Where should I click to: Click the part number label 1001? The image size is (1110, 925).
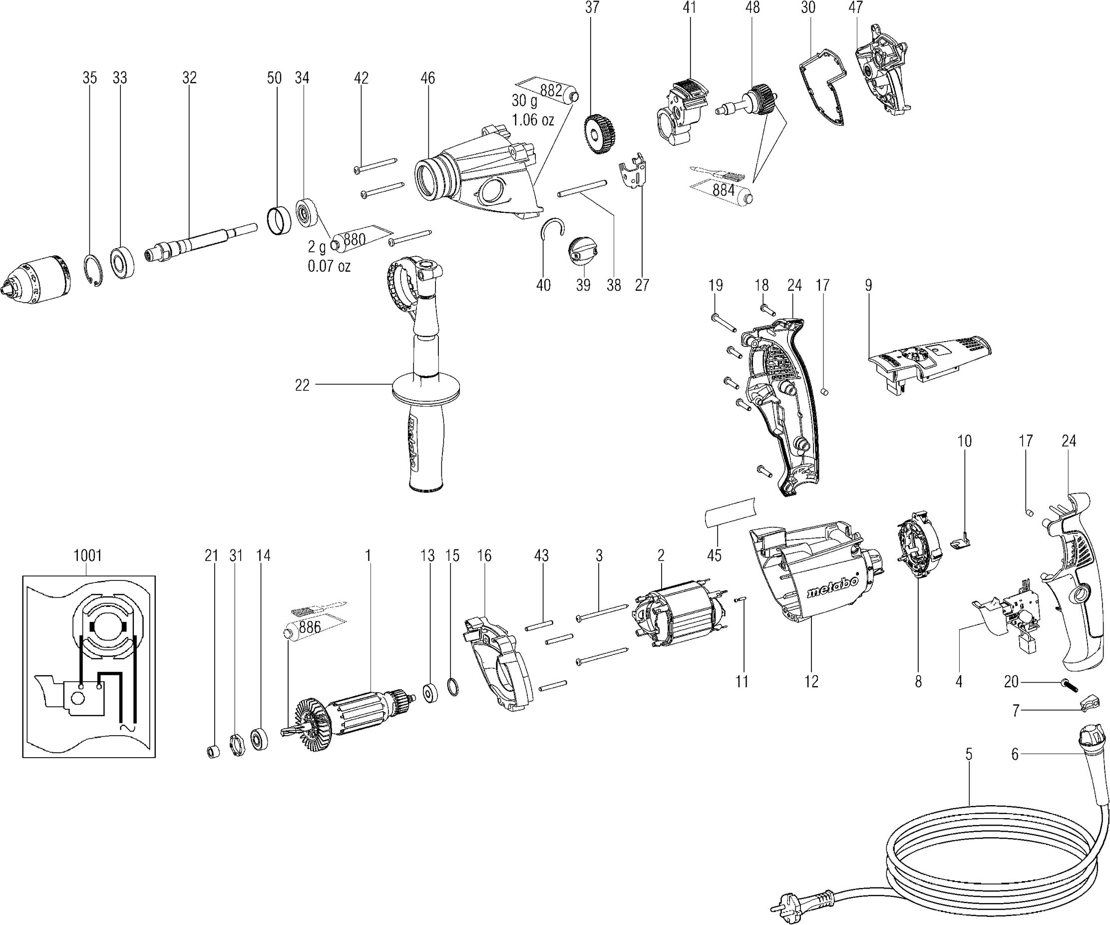tap(88, 555)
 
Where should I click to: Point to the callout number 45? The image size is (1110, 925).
tap(714, 555)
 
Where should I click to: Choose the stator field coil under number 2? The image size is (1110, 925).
tap(676, 616)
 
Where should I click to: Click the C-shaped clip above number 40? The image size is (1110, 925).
tap(552, 229)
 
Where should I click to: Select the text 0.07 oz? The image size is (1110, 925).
tap(329, 266)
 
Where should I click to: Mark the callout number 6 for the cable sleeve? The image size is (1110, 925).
tap(1014, 755)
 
